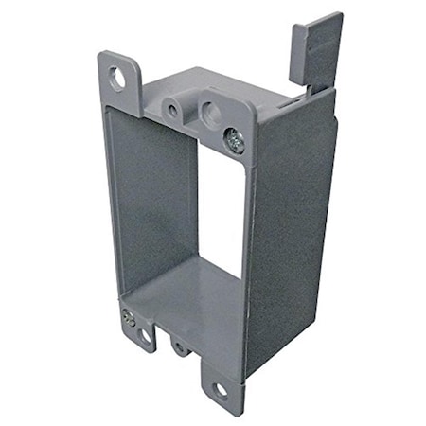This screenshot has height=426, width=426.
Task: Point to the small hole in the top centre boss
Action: pyautogui.click(x=172, y=110)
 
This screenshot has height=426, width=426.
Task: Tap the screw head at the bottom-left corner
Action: pyautogui.click(x=129, y=320)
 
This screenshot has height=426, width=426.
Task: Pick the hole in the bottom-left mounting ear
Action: pyautogui.click(x=145, y=335)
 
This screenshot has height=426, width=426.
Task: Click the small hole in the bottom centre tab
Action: pyautogui.click(x=180, y=347)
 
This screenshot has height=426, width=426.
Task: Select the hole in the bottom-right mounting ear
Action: pyautogui.click(x=221, y=388)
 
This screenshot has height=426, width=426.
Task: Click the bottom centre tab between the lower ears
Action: pyautogui.click(x=180, y=343)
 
